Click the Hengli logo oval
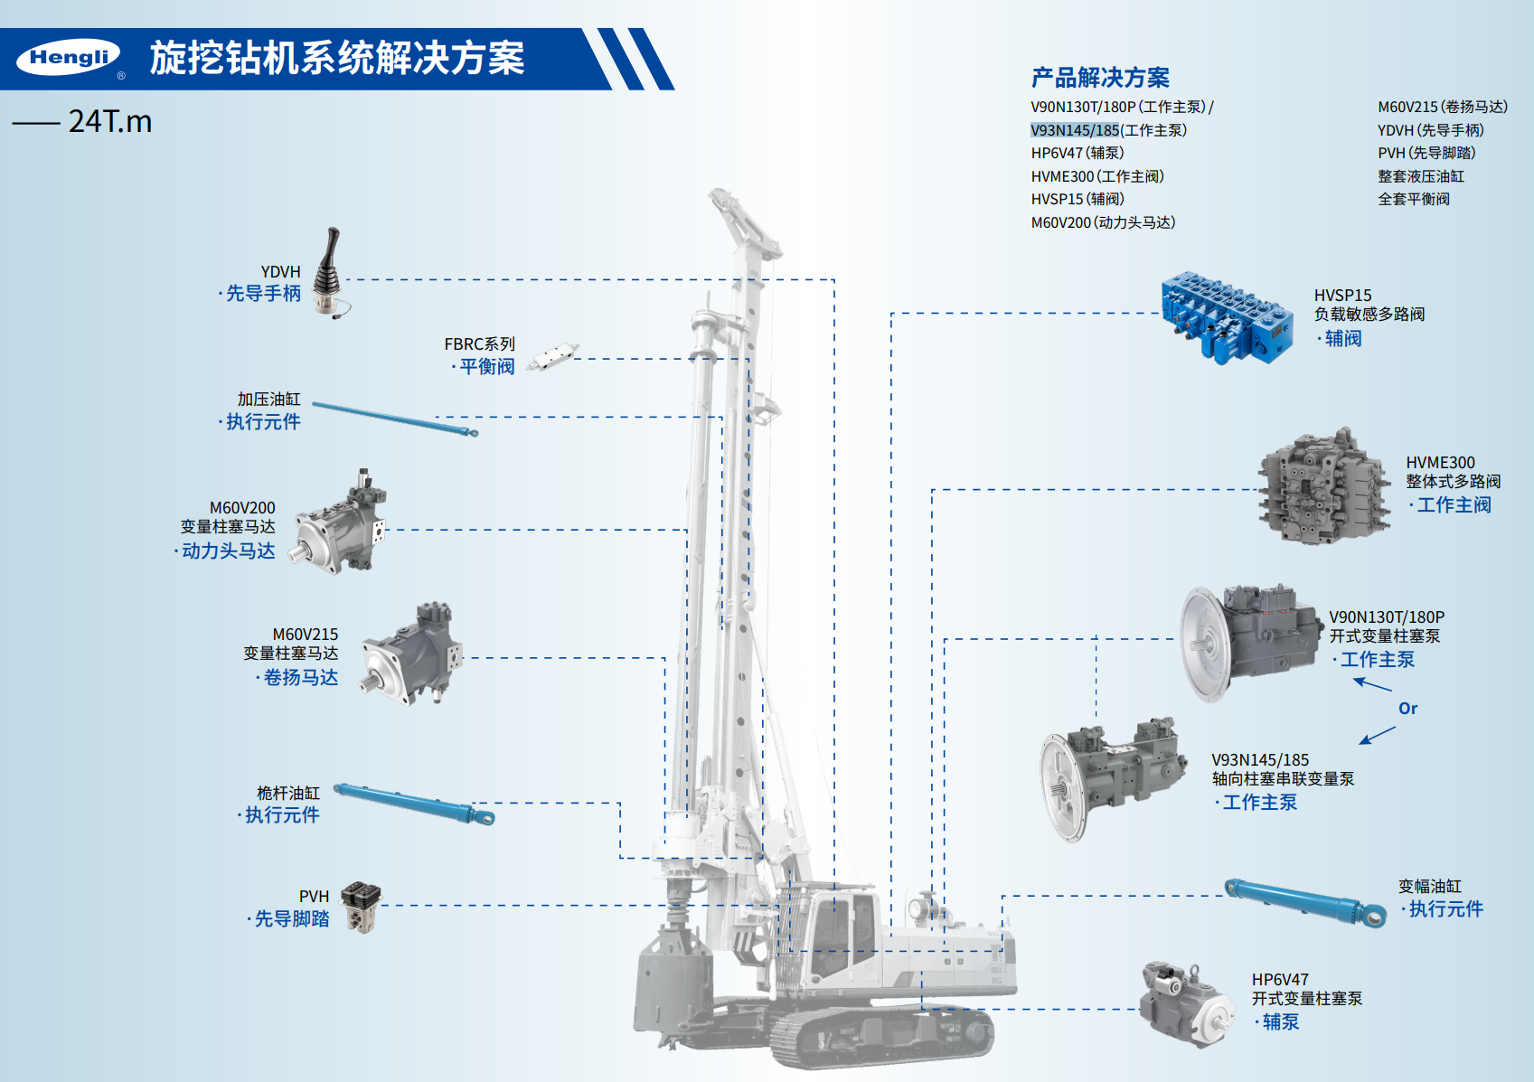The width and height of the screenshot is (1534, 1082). pyautogui.click(x=68, y=57)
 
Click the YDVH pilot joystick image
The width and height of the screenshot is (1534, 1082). pyautogui.click(x=331, y=273)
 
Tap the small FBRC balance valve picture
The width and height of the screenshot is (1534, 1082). pyautogui.click(x=552, y=356)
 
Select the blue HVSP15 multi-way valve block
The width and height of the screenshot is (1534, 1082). pyautogui.click(x=1226, y=318)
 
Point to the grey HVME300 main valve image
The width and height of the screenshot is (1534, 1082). pyautogui.click(x=1323, y=487)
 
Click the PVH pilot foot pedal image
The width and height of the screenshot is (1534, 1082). pyautogui.click(x=361, y=907)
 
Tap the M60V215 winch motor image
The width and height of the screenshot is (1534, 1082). pyautogui.click(x=411, y=654)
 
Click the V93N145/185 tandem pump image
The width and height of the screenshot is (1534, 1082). pyautogui.click(x=1113, y=778)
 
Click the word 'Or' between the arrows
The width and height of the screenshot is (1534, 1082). pyautogui.click(x=1408, y=708)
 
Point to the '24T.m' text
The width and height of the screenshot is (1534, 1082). pyautogui.click(x=109, y=122)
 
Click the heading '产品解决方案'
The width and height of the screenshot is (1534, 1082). pyautogui.click(x=1100, y=78)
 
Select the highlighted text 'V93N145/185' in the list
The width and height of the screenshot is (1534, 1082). pyautogui.click(x=1075, y=130)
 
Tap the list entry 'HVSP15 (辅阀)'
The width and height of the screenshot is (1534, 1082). pyautogui.click(x=1078, y=199)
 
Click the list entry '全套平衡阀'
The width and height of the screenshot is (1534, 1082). pyautogui.click(x=1414, y=199)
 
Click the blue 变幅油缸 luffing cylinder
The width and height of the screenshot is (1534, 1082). pyautogui.click(x=1305, y=903)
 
